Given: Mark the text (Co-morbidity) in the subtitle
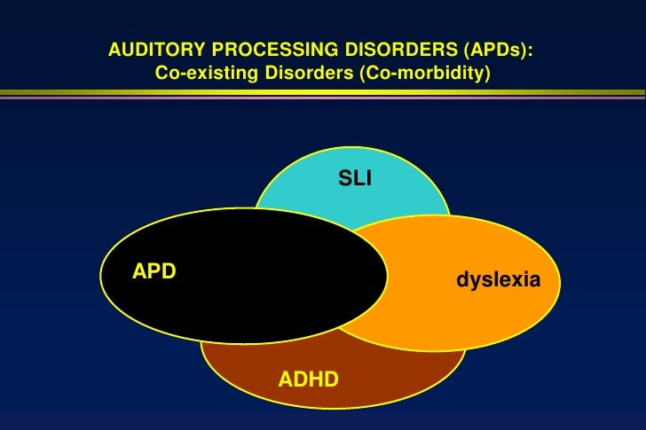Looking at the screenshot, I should [x=424, y=73].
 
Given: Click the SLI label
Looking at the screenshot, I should [x=355, y=180].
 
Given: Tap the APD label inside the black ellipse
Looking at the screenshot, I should [x=154, y=271].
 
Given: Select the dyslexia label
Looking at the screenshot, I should [x=498, y=280].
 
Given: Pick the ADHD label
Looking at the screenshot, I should [x=309, y=380].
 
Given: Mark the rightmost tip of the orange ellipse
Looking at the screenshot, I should [x=560, y=282].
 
